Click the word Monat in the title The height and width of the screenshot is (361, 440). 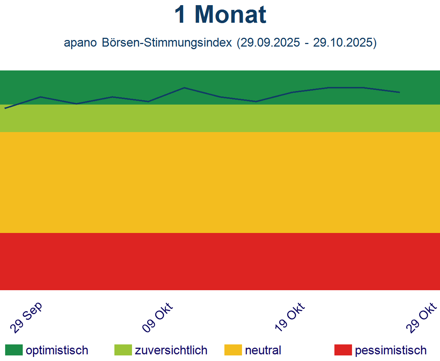[x=230, y=15]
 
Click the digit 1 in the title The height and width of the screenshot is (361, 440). [x=180, y=15]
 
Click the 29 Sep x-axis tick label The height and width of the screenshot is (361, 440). [x=26, y=318]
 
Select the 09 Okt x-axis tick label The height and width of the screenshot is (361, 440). [x=157, y=318]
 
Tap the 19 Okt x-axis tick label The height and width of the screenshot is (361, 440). [x=290, y=318]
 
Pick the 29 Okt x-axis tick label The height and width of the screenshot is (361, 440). [x=422, y=318]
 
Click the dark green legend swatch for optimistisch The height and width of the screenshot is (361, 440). [x=14, y=350]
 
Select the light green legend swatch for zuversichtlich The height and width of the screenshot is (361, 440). [x=123, y=350]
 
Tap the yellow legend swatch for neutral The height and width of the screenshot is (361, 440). [x=233, y=350]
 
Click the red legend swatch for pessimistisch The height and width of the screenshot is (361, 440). [x=343, y=350]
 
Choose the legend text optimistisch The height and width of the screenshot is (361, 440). [x=57, y=350]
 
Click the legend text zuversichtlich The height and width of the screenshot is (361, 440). [x=171, y=350]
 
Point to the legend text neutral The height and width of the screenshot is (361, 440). [x=263, y=350]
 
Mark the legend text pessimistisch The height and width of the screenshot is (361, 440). [x=391, y=350]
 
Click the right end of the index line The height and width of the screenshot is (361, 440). [x=399, y=92]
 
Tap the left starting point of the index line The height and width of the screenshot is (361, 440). [x=5, y=108]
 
